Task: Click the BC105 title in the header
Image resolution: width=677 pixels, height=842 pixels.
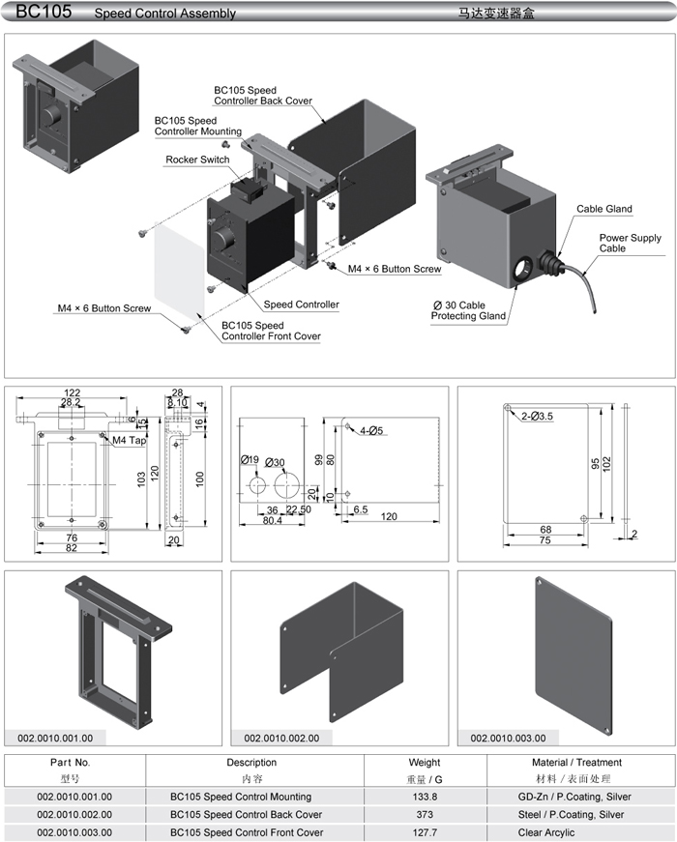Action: tap(38, 12)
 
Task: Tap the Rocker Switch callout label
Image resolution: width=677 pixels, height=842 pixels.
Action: tap(197, 160)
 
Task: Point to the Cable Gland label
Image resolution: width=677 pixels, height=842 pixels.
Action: tap(604, 209)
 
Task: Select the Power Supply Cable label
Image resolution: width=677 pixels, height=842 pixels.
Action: tap(630, 243)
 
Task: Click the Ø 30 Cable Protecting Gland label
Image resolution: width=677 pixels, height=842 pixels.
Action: tap(468, 310)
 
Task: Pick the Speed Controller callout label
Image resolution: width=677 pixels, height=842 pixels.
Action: tap(302, 305)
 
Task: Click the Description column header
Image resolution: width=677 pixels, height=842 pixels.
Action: tap(251, 763)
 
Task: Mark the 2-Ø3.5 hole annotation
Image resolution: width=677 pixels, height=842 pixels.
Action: tap(539, 416)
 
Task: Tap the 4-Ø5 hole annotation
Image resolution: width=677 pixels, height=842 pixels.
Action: tap(370, 430)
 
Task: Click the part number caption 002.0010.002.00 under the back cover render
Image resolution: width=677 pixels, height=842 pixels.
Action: tap(281, 738)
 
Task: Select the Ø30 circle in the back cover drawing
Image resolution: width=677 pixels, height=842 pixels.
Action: tap(280, 484)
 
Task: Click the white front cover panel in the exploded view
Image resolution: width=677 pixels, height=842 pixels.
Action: tap(180, 264)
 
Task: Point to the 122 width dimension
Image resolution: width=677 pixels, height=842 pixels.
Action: tap(72, 392)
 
